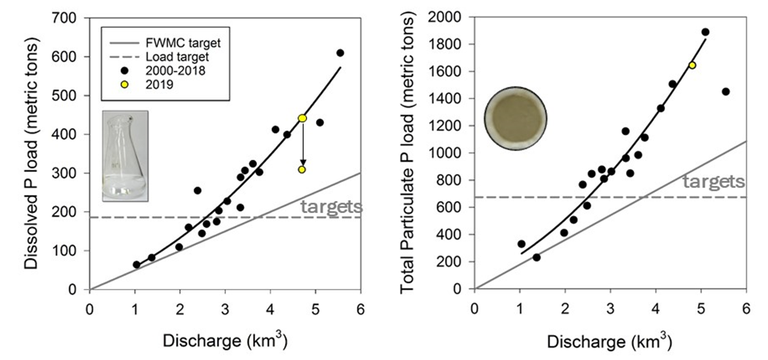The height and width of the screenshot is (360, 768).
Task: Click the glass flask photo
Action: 125,156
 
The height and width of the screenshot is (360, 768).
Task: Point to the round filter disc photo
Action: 515,118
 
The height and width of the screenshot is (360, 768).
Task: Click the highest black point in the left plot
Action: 340,53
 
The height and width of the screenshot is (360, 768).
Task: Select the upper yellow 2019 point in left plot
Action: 302,118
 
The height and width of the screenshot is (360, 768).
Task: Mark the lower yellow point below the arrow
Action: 302,169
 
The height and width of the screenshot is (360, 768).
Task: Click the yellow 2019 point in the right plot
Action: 692,65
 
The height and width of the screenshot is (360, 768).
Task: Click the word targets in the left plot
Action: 332,206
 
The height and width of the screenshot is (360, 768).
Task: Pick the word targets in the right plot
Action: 713,181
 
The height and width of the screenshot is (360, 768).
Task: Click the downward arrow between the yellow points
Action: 302,143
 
